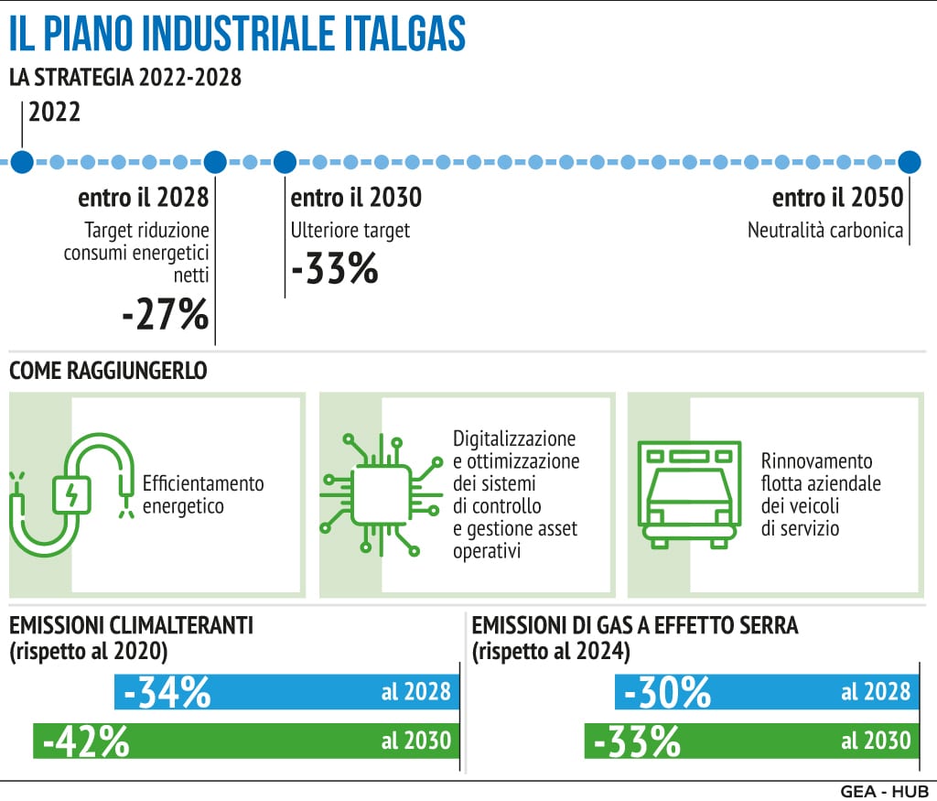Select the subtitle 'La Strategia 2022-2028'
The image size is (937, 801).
[x=125, y=78]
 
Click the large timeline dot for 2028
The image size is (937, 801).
[x=215, y=163]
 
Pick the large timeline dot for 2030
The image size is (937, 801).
[x=285, y=163]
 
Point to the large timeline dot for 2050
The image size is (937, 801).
[x=909, y=163]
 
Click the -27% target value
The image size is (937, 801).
[x=166, y=315]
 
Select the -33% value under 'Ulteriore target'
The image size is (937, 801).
[x=334, y=269]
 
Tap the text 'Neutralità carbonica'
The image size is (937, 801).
[x=825, y=231]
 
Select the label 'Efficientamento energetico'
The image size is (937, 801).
[x=197, y=494]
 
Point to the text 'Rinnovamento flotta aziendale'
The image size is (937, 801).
[x=821, y=471]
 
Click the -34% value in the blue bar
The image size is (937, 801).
[x=167, y=693]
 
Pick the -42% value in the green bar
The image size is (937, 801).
[x=85, y=741]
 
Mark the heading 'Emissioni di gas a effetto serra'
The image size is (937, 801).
[x=635, y=626]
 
